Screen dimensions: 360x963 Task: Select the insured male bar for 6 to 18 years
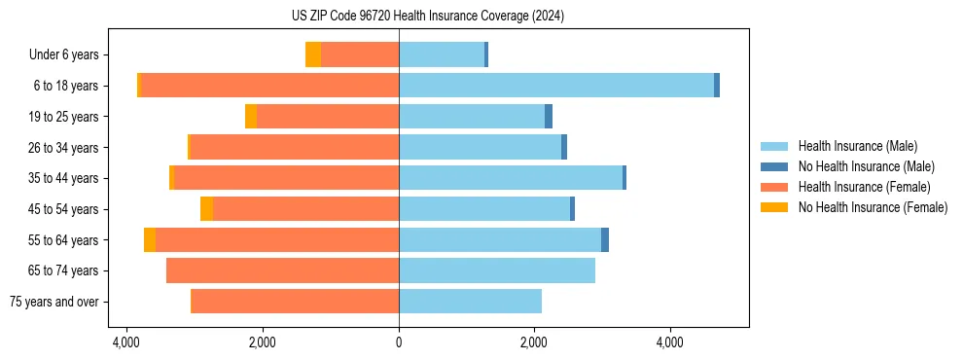click(x=555, y=86)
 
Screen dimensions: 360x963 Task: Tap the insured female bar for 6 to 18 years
click(x=269, y=86)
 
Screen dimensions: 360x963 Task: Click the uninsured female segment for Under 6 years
click(x=313, y=54)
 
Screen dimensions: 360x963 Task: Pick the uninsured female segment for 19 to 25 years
click(x=251, y=117)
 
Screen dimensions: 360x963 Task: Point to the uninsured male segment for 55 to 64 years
click(x=605, y=239)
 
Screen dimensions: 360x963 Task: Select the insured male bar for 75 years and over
click(x=470, y=302)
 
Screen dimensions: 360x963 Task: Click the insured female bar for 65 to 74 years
click(x=282, y=270)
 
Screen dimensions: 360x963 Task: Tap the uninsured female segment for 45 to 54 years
click(x=207, y=209)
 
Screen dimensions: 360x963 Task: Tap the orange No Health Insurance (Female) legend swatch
click(x=774, y=207)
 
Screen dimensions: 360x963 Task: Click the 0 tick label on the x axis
click(x=399, y=342)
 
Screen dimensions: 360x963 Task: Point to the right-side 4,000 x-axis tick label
click(x=669, y=342)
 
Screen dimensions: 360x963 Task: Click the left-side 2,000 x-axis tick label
click(x=263, y=342)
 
